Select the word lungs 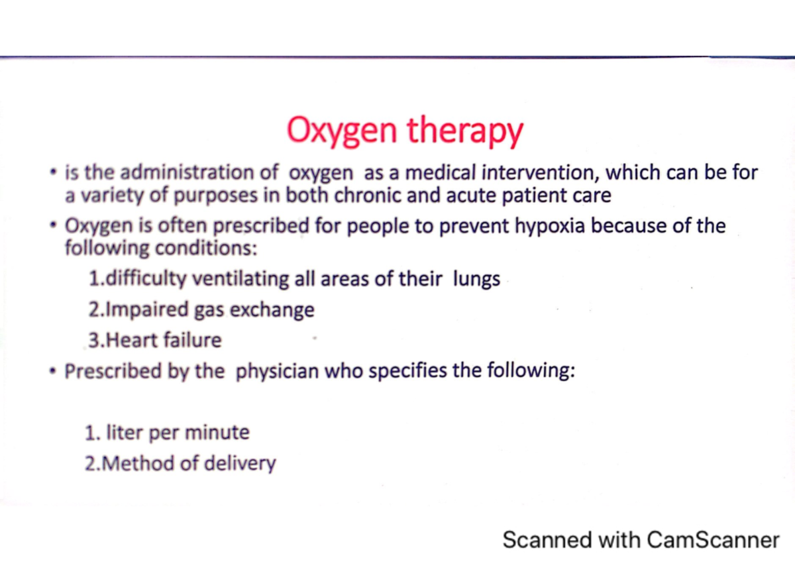tap(476, 279)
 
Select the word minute tap(217, 433)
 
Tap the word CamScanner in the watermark tap(712, 539)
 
